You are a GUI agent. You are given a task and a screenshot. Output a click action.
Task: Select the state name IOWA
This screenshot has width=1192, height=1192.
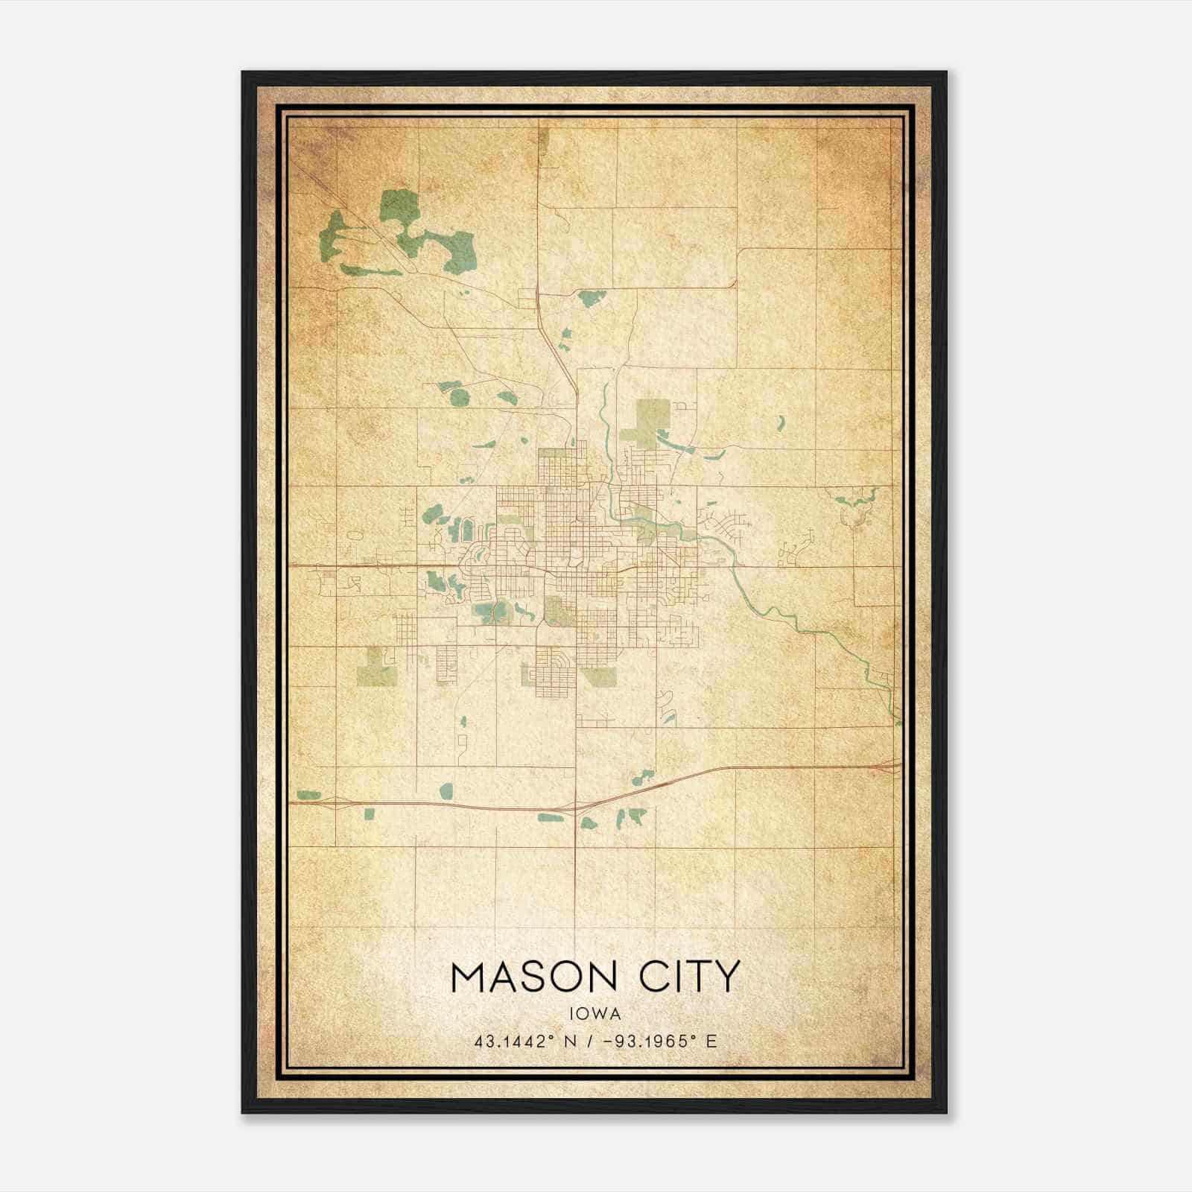[x=595, y=1013]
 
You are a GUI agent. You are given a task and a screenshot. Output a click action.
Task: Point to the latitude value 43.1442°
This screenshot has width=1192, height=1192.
[x=515, y=1041]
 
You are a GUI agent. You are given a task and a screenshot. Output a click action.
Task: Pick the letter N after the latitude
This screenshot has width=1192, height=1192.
[x=571, y=1041]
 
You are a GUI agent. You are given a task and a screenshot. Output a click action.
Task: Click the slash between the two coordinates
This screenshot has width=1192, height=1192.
[x=590, y=1041]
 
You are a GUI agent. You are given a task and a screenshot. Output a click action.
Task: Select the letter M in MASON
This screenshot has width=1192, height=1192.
[x=469, y=977]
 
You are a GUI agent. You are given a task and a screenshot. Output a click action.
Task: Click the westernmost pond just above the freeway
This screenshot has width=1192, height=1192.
[x=308, y=795]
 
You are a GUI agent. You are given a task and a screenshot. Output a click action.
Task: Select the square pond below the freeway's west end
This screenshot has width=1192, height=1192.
[x=369, y=814]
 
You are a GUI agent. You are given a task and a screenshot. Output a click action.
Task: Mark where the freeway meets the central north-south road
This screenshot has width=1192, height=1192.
[x=575, y=808]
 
